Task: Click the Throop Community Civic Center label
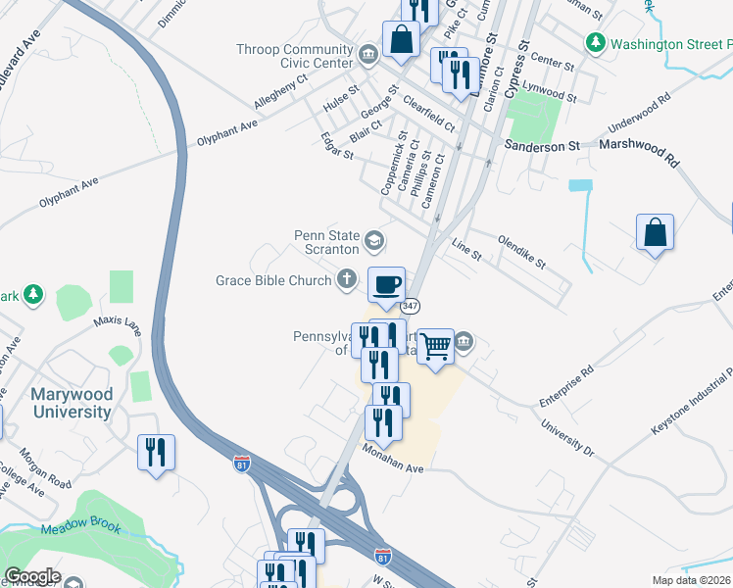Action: [294, 57]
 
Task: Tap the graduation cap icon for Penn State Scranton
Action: [373, 240]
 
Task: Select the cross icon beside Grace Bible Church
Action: [346, 281]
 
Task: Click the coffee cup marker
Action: [386, 284]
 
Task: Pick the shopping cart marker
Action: [435, 346]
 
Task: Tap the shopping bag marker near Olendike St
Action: [655, 233]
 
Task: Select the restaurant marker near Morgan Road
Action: [156, 453]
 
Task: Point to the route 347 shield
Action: [411, 306]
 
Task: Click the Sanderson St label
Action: [542, 145]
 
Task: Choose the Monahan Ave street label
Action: [392, 457]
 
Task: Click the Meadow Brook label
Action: [81, 529]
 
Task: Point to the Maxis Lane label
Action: [119, 324]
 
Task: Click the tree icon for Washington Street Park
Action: [595, 43]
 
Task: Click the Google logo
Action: [32, 576]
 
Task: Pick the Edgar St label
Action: [336, 148]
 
